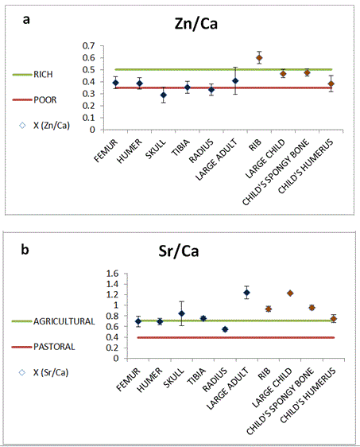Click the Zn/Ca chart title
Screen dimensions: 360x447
click(196, 23)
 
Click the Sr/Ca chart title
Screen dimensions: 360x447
click(179, 251)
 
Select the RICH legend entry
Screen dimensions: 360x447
click(33, 75)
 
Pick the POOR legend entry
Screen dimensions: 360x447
click(34, 99)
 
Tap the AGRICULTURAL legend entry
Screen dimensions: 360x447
click(53, 321)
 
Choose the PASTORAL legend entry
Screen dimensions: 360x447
click(43, 347)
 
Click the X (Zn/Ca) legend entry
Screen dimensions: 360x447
click(45, 126)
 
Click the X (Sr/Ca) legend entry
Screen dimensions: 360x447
click(44, 372)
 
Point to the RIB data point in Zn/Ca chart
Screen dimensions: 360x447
click(259, 58)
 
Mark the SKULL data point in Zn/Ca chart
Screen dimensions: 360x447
click(164, 95)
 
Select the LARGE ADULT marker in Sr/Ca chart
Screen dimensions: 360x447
click(246, 293)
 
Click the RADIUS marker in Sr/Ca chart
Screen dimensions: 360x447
click(225, 329)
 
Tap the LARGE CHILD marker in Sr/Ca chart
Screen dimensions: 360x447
click(290, 293)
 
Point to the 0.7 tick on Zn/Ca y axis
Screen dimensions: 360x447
click(88, 45)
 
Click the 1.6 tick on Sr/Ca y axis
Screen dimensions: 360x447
click(112, 274)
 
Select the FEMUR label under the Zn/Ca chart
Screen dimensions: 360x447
click(106, 150)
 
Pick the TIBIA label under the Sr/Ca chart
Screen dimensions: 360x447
click(196, 376)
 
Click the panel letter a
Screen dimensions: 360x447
click(26, 20)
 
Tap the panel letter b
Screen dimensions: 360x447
click(25, 249)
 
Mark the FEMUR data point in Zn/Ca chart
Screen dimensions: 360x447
click(116, 83)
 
